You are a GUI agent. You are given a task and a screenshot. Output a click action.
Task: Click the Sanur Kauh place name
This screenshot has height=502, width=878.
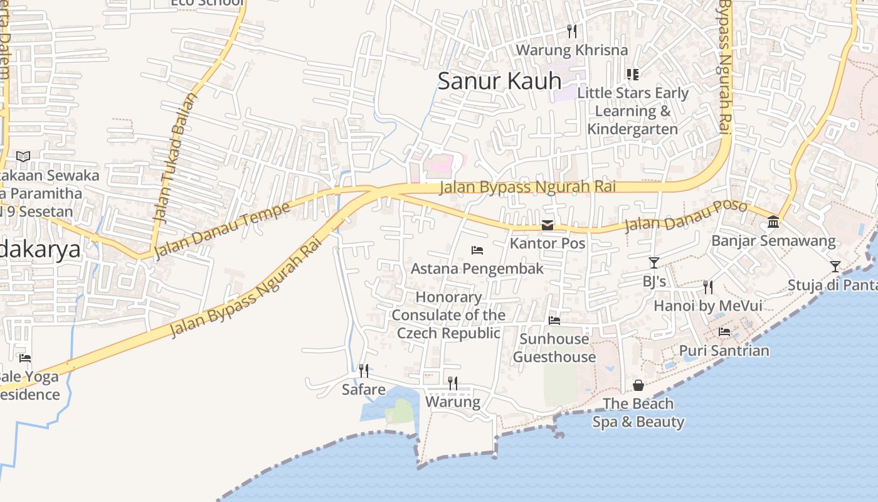click(x=499, y=81)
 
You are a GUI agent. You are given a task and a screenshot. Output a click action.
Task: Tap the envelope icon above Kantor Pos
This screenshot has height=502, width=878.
click(x=547, y=225)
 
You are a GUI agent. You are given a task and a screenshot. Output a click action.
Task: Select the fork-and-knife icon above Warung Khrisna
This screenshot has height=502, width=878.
click(x=571, y=31)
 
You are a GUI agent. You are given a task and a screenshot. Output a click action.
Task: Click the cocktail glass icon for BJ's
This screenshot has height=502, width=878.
click(x=654, y=263)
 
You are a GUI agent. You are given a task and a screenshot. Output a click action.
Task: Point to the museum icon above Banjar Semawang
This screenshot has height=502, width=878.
click(x=773, y=222)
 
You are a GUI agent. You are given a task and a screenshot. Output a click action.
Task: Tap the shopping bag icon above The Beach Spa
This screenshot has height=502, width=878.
click(x=638, y=385)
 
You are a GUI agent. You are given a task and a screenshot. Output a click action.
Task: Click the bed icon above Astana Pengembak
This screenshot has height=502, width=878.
click(x=477, y=250)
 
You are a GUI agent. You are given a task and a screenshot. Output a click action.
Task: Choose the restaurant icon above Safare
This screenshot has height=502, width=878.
click(x=363, y=371)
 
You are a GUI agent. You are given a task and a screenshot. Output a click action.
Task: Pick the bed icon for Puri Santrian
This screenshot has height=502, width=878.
click(x=724, y=332)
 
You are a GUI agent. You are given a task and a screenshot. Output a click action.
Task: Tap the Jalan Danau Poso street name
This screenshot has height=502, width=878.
click(x=685, y=216)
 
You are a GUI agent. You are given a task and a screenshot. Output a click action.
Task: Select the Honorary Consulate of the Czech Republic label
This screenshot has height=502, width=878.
click(x=449, y=315)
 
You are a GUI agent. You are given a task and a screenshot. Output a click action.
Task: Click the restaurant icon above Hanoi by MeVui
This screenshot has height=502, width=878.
click(x=708, y=287)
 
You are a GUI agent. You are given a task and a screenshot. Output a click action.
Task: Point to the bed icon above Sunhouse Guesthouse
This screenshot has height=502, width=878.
click(x=554, y=321)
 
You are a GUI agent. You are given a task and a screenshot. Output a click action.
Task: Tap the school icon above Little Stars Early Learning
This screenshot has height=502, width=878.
click(x=633, y=75)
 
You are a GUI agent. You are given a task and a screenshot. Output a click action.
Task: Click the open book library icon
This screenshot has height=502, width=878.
click(x=23, y=156)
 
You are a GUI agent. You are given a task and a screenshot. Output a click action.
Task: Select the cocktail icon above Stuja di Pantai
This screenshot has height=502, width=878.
click(x=835, y=267)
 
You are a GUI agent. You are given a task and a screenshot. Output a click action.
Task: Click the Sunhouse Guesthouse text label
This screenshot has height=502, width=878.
click(x=554, y=348)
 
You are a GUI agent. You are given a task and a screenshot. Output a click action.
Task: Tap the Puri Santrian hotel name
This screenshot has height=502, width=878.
click(x=724, y=350)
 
